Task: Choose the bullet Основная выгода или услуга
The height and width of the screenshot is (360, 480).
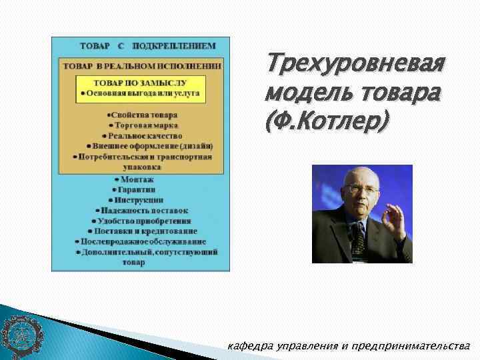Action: [x=140, y=95]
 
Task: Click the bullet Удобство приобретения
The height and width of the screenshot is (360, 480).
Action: [x=140, y=220]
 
